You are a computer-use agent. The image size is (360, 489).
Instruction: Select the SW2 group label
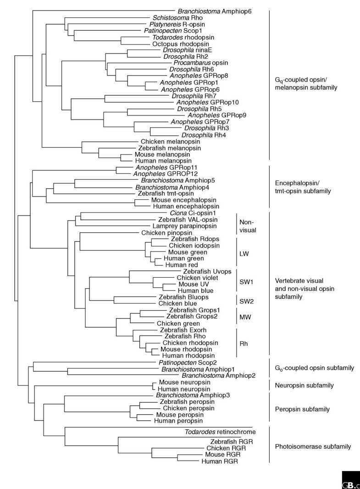[x=246, y=300]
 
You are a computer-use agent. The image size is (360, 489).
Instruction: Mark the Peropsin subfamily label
[x=303, y=408]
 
